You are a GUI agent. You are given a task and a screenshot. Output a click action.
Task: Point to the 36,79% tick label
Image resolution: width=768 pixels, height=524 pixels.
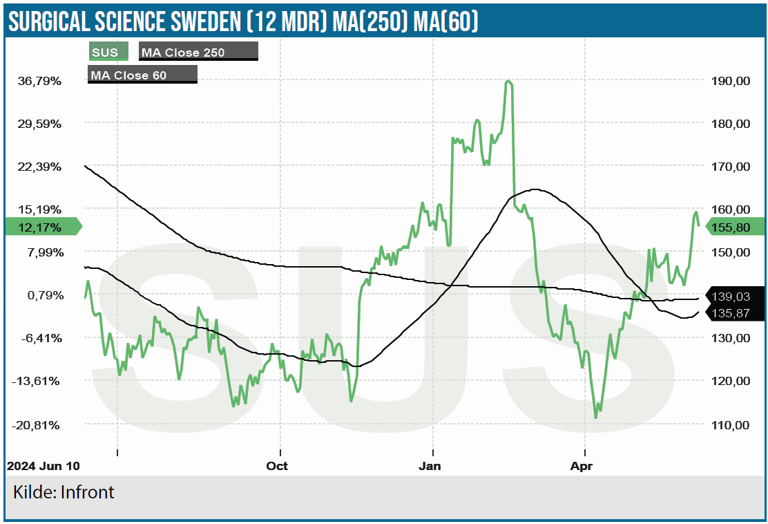40,81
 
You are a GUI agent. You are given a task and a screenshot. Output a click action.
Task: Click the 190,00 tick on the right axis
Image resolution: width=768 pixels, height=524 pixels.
730,81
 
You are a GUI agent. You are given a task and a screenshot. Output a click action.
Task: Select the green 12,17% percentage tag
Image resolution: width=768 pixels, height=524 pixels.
41,227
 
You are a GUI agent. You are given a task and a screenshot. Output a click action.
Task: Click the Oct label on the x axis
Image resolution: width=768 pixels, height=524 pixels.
277,466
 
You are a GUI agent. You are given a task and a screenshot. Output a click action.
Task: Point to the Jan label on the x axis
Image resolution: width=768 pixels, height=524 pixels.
430,466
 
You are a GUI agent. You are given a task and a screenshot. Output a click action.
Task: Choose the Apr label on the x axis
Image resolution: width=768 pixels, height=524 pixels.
582,466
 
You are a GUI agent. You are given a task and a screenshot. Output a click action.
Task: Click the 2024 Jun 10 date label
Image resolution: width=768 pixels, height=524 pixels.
43,466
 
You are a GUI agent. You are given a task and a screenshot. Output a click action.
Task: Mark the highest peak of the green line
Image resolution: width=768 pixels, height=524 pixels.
508,81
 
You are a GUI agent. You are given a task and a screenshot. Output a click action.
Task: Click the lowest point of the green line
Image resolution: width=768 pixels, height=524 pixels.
595,418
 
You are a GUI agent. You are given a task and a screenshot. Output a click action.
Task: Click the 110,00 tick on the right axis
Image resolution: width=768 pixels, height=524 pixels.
730,424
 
